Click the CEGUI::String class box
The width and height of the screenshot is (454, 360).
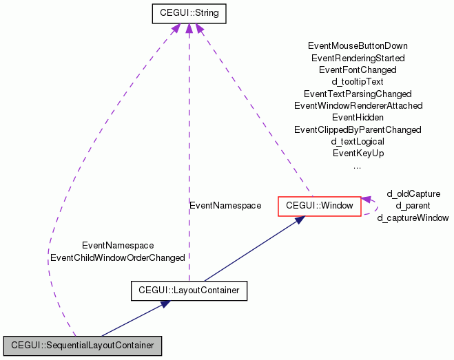click(189, 13)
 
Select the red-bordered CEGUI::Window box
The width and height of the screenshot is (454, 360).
click(319, 206)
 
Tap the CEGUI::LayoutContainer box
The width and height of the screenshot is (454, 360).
click(189, 290)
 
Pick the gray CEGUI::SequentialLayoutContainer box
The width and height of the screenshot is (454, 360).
click(82, 344)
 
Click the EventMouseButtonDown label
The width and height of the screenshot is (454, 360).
click(358, 46)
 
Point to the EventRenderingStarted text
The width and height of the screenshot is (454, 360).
click(358, 58)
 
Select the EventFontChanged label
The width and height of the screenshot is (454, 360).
click(358, 70)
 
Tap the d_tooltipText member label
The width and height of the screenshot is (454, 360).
click(358, 81)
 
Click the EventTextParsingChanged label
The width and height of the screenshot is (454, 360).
click(358, 94)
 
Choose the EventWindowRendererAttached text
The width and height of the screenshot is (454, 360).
click(358, 105)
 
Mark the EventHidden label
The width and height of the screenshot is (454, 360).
click(358, 117)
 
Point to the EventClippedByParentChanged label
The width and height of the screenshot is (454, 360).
click(358, 129)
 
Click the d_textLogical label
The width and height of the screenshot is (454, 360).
click(358, 141)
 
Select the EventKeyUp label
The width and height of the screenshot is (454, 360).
click(358, 153)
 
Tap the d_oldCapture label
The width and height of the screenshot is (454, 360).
click(413, 194)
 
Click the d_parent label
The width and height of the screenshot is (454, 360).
click(413, 206)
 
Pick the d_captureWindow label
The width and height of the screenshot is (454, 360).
click(413, 218)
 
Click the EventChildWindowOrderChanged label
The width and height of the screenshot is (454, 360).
click(118, 257)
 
